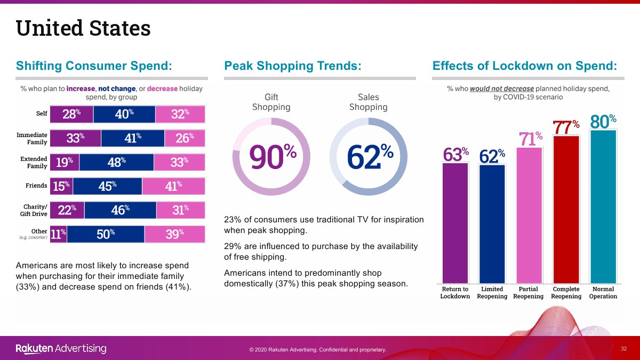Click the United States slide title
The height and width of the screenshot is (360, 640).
tap(83, 28)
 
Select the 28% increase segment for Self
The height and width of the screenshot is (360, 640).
tap(71, 114)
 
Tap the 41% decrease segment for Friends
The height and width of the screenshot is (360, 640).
tap(173, 186)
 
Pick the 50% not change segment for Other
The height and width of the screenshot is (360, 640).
tap(106, 234)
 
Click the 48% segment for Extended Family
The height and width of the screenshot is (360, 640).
tap(116, 162)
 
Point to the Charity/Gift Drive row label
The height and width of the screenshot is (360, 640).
tap(33, 210)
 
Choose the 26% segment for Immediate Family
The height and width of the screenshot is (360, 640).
tap(185, 138)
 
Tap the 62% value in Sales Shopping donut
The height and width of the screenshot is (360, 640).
tap(370, 157)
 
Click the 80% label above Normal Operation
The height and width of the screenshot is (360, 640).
tap(603, 122)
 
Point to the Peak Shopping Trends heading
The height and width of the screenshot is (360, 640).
tap(293, 66)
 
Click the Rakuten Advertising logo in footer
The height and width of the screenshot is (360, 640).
tap(61, 349)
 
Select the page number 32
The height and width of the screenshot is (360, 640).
tap(623, 348)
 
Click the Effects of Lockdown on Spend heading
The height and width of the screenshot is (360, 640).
tap(525, 66)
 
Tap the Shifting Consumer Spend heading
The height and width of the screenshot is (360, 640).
tap(94, 66)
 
